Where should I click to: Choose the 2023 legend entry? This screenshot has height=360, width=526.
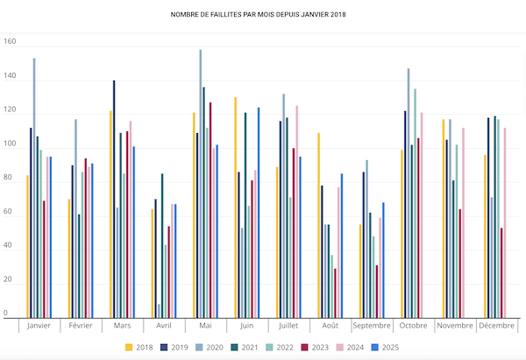tap(313, 348)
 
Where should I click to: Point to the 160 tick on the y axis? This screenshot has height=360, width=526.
tap(10, 42)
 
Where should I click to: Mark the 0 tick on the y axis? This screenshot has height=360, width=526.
tap(5, 313)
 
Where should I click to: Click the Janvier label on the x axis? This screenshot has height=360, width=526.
tap(39, 326)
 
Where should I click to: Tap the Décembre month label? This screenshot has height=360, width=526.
tap(496, 326)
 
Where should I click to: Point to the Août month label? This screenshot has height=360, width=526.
tap(330, 326)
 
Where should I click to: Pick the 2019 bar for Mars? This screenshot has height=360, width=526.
tap(114, 198)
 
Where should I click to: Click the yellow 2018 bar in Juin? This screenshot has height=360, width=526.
tap(235, 207)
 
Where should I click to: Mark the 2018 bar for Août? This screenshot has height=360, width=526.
tap(318, 224)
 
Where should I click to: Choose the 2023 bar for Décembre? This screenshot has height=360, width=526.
tap(501, 272)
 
